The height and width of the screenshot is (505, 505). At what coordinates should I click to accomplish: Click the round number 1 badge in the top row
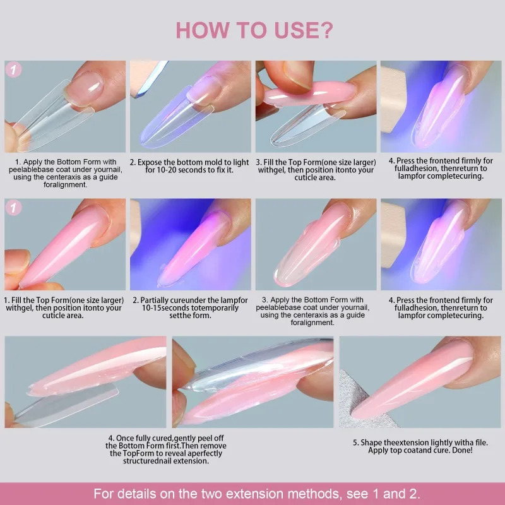pos(14,70)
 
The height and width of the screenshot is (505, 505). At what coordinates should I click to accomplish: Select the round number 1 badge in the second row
pos(14,208)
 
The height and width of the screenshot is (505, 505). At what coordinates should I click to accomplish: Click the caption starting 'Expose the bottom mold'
pos(190,166)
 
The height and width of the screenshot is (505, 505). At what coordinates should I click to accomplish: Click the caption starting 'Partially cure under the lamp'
pos(190,307)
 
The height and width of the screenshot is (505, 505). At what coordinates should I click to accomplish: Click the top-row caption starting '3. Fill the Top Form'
pos(315,169)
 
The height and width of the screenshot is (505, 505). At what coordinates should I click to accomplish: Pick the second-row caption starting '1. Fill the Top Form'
pos(64,307)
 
